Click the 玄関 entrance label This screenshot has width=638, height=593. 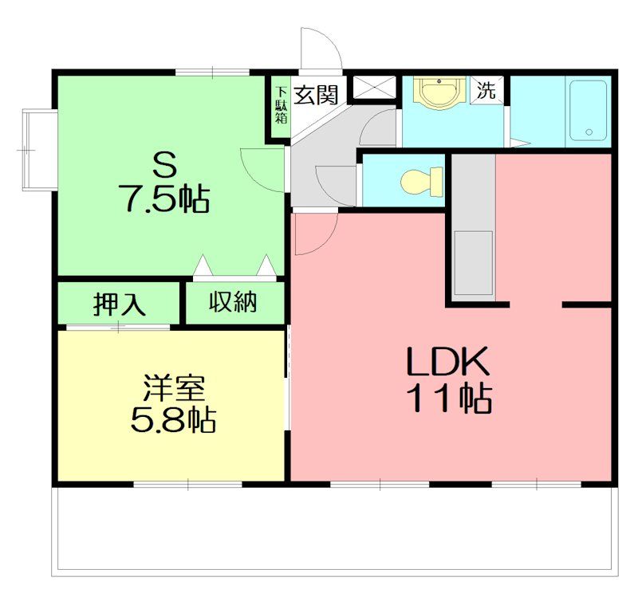pyautogui.click(x=316, y=95)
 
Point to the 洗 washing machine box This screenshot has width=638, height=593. pyautogui.click(x=486, y=90)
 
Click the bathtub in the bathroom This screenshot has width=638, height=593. pyautogui.click(x=588, y=110)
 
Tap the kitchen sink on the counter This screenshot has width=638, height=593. pyautogui.click(x=473, y=262)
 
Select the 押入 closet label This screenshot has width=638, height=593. pyautogui.click(x=119, y=304)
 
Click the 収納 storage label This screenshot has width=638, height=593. pyautogui.click(x=233, y=302)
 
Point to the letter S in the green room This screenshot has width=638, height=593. pyautogui.click(x=165, y=163)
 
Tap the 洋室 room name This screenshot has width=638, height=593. pyautogui.click(x=173, y=389)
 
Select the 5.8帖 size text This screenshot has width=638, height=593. pyautogui.click(x=173, y=420)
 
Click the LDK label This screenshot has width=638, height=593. pyautogui.click(x=448, y=361)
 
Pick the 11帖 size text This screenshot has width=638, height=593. pyautogui.click(x=451, y=398)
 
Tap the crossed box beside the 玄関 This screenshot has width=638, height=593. pyautogui.click(x=373, y=87)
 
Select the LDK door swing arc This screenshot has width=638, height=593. pyautogui.click(x=325, y=240)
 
